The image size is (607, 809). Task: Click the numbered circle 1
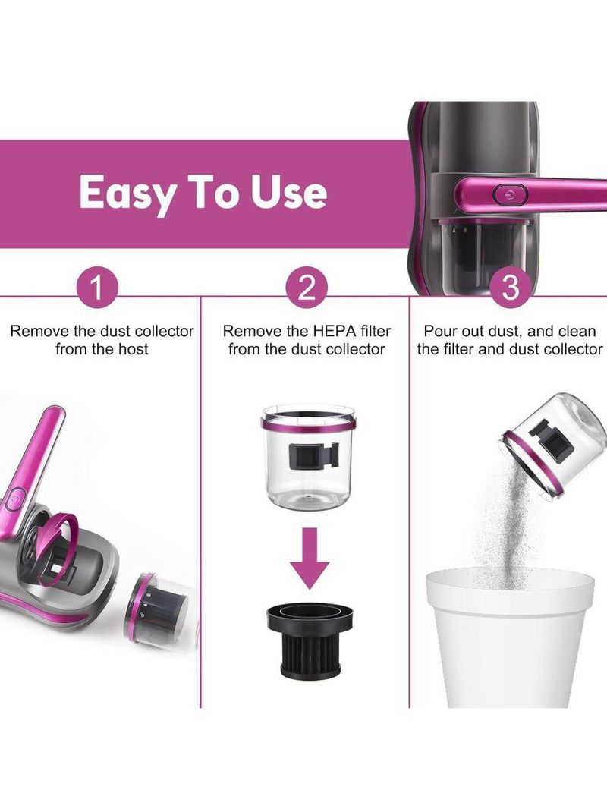click(x=97, y=288)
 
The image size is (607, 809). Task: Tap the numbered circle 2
click(x=307, y=288)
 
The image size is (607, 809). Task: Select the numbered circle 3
click(x=510, y=288)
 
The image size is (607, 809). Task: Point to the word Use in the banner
click(x=289, y=192)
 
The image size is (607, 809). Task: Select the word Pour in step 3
click(x=440, y=331)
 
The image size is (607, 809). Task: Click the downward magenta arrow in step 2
click(x=309, y=559)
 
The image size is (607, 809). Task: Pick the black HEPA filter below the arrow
click(x=310, y=641)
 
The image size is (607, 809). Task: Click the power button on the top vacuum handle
click(x=511, y=194)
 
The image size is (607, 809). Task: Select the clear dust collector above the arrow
click(x=308, y=457)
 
